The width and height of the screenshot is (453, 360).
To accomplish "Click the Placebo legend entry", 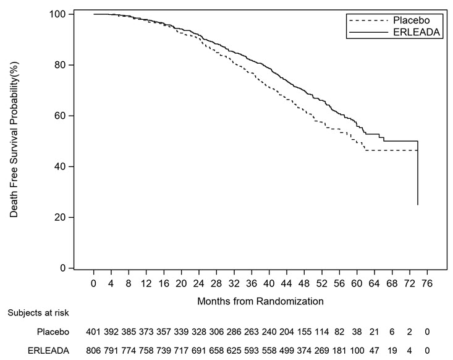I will pos(408,19).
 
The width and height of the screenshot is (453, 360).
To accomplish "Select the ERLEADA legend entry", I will pos(408,32).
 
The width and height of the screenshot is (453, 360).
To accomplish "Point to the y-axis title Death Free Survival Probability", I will pos(14,141).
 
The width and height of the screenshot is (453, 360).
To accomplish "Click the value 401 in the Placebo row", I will pos(94,332).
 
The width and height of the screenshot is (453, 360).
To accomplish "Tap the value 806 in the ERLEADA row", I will pos(94,349).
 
